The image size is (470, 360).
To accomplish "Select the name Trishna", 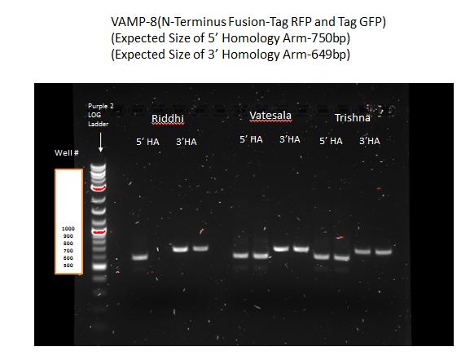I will (x=353, y=118).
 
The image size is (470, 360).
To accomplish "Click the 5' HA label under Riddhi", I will (x=147, y=142).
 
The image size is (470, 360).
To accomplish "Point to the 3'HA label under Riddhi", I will (x=186, y=142).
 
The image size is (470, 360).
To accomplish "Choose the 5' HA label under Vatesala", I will (x=250, y=139).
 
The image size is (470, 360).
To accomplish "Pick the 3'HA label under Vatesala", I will (x=290, y=139).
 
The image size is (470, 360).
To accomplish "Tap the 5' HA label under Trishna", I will (x=331, y=141).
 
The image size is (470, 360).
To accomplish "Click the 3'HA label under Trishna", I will (x=370, y=141).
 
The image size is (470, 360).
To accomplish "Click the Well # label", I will (x=65, y=152).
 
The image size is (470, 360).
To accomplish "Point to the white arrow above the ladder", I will (x=100, y=143).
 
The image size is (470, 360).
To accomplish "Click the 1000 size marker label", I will (x=68, y=229).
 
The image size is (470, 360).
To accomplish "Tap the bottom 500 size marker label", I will (x=68, y=266).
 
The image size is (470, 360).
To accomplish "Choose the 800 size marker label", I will (x=68, y=244).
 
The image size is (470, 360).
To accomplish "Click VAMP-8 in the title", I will (x=130, y=20).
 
